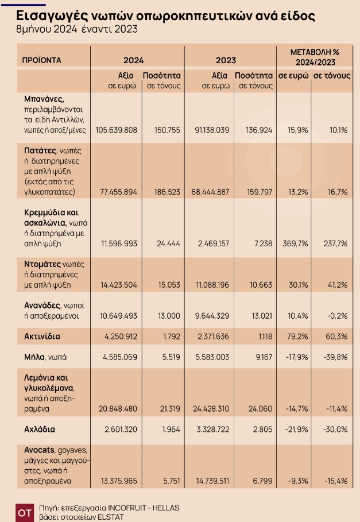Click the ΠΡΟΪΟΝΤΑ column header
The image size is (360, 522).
coord(41,60)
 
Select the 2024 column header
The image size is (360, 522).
coord(133,60)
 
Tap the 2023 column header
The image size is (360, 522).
coord(226,60)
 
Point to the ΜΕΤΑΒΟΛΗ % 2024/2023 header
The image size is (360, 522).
coord(315,57)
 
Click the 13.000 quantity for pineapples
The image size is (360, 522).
coord(169,316)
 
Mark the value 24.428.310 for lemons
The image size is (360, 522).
coord(209,408)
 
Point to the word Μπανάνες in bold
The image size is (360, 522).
coord(44,98)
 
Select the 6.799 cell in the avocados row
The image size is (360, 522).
coord(260,480)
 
